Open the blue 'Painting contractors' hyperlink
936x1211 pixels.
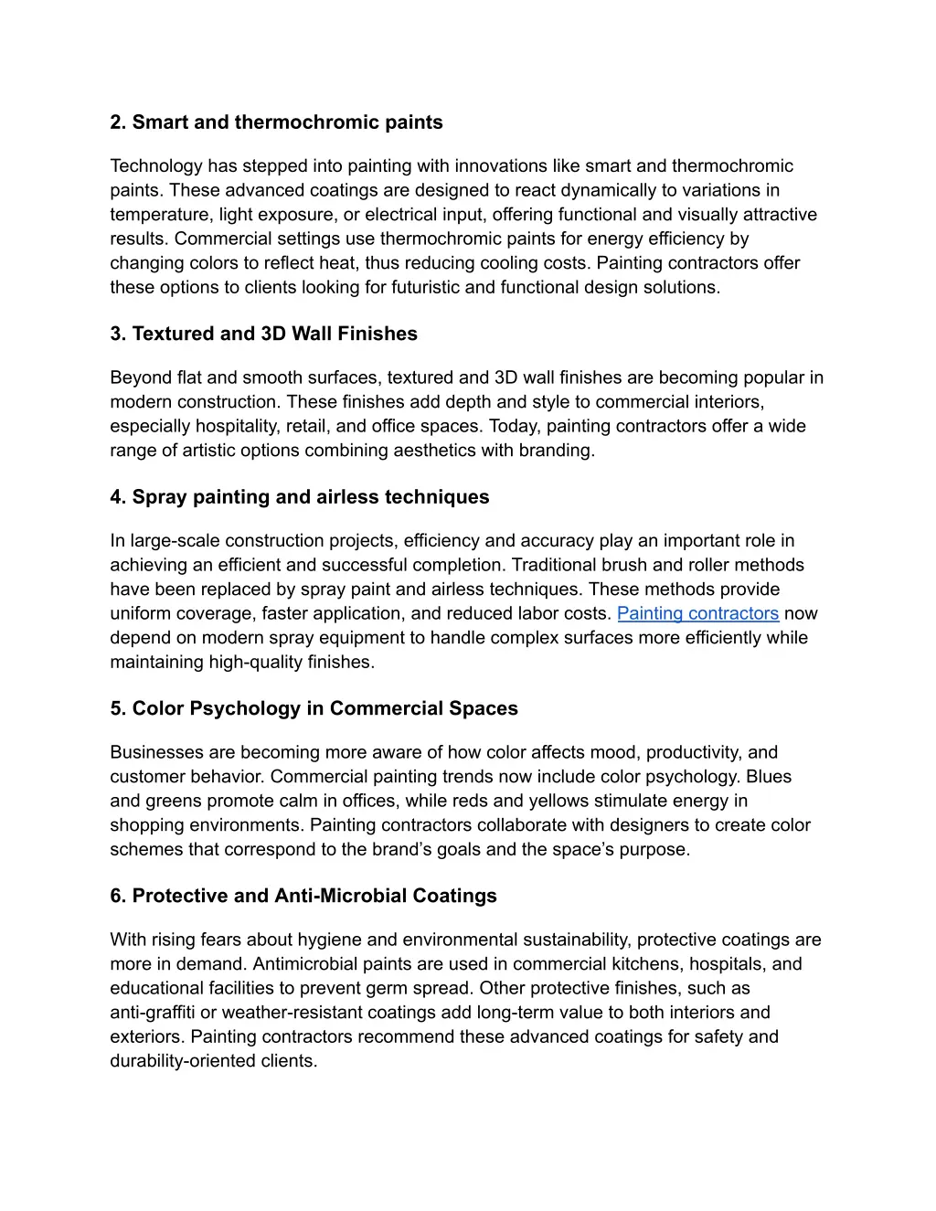(697, 613)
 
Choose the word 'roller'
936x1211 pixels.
(708, 565)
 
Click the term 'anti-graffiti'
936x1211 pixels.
(153, 1012)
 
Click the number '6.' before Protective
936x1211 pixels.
(118, 896)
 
